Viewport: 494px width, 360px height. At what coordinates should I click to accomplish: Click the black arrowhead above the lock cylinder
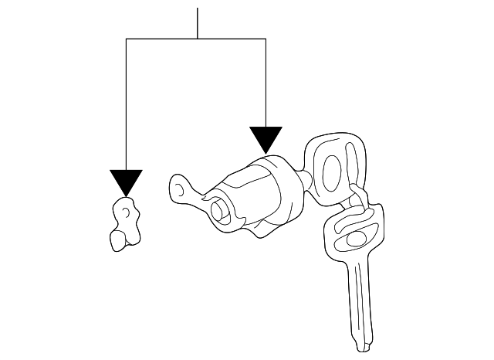(266, 139)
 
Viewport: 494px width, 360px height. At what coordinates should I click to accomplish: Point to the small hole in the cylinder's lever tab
(179, 187)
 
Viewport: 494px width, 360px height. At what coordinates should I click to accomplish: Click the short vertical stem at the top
(198, 23)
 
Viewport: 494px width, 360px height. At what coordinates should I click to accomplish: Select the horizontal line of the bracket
(196, 39)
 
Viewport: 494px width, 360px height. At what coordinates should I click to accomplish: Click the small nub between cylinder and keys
(310, 182)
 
